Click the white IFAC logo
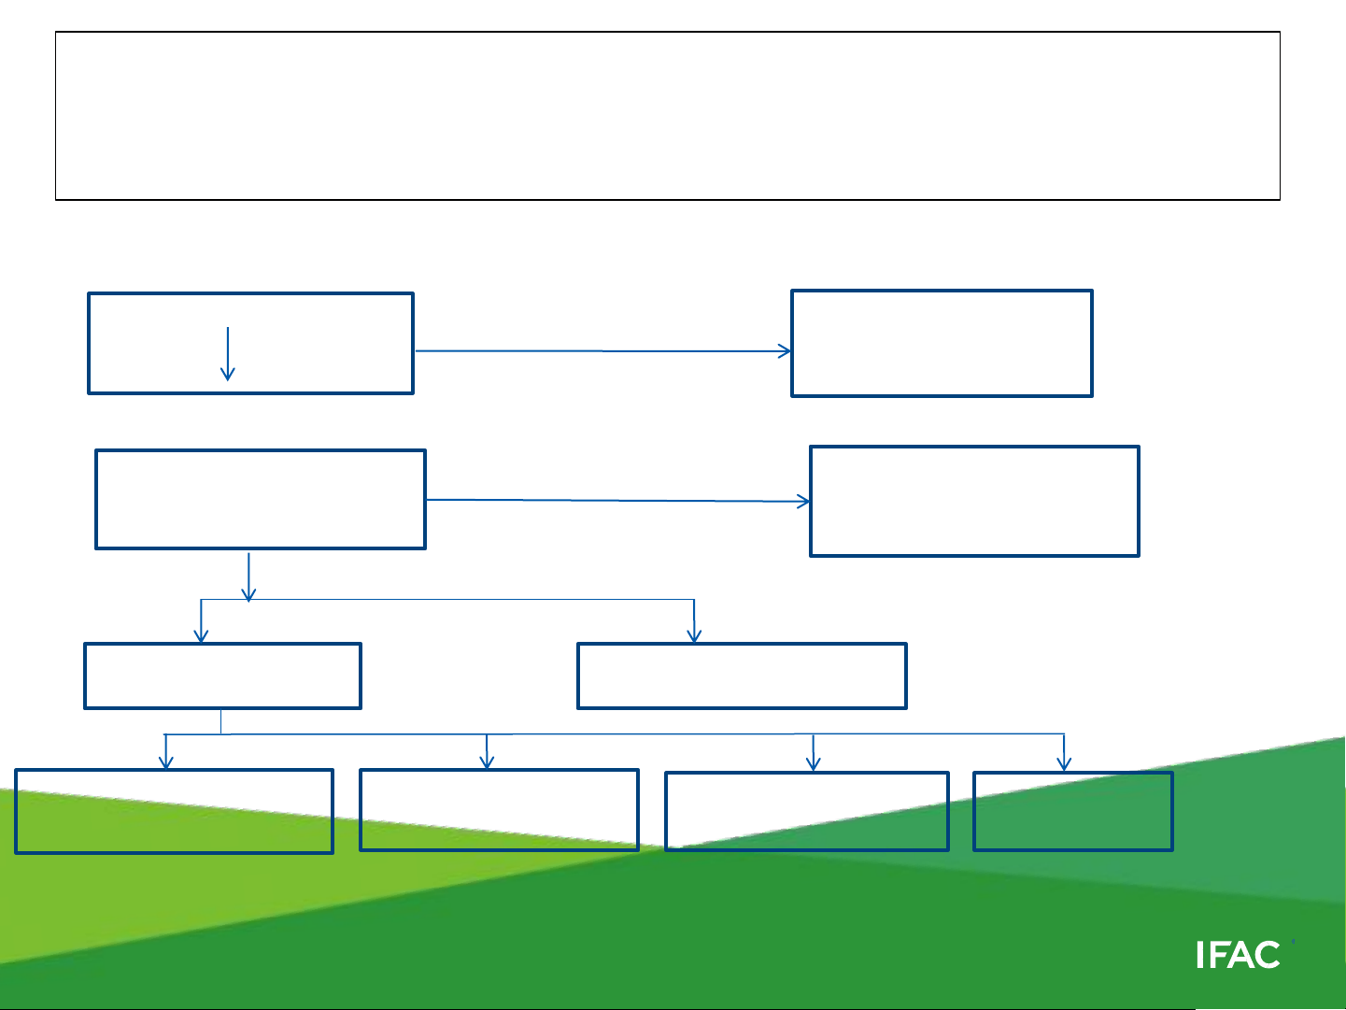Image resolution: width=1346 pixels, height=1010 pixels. tap(1238, 955)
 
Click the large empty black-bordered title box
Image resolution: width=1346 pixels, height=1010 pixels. tap(667, 116)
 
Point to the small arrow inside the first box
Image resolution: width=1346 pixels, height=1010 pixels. tap(227, 354)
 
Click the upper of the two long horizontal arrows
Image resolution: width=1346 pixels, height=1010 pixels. tap(602, 351)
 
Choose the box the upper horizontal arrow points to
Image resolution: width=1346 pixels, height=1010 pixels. tap(942, 343)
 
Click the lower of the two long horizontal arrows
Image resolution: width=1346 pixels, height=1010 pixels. tap(616, 501)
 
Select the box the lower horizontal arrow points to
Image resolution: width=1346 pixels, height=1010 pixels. tap(974, 501)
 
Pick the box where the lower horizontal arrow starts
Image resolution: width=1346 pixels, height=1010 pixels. tap(261, 499)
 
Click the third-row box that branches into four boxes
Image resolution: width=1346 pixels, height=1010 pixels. tap(222, 676)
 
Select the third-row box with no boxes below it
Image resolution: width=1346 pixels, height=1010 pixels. tap(742, 676)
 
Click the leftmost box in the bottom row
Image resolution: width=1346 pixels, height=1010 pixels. tap(175, 811)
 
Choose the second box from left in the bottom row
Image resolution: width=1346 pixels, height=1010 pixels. tap(499, 810)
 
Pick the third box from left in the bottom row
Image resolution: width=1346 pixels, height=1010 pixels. tap(807, 811)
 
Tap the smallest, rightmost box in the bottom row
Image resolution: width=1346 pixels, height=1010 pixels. tap(1072, 811)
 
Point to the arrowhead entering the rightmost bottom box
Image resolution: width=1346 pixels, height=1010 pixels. tap(1065, 764)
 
